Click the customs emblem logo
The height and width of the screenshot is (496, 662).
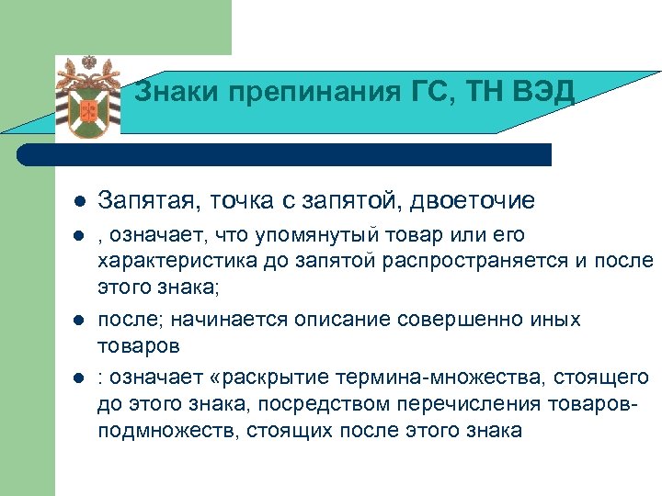tap(89, 97)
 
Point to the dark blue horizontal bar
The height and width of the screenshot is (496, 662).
tap(294, 154)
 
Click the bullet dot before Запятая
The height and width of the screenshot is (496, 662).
tap(81, 200)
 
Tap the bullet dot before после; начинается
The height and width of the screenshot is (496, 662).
tap(81, 320)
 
